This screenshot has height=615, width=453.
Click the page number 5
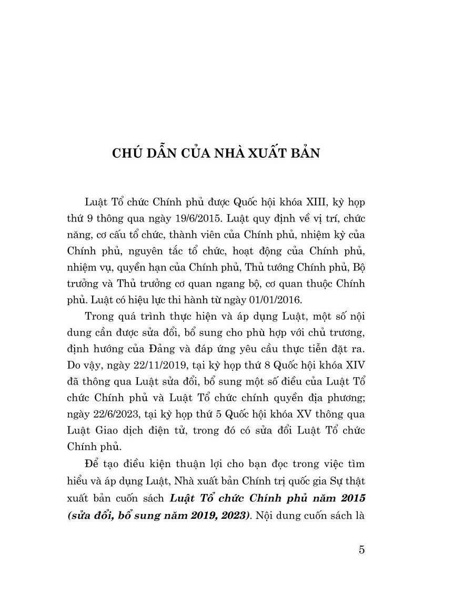coord(361,550)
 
